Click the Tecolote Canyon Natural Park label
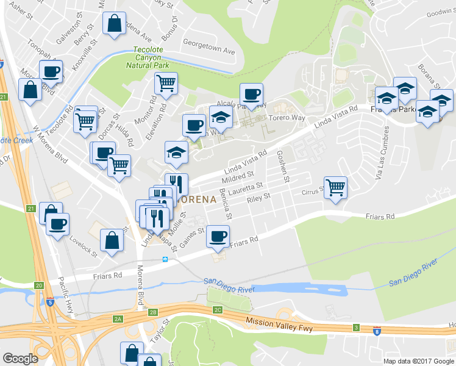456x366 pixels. [148, 58]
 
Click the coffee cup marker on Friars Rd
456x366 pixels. [218, 235]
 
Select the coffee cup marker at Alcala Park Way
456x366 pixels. [251, 94]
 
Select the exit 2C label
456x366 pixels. [218, 310]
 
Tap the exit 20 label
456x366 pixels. [39, 285]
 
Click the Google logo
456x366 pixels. [20, 359]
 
